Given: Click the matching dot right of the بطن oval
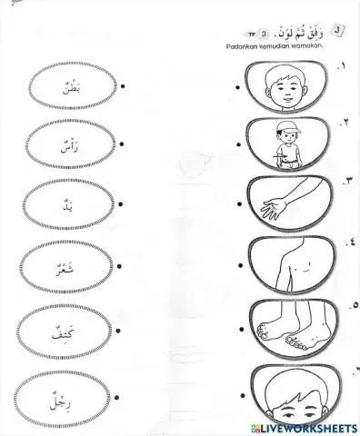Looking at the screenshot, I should pos(122,87).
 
